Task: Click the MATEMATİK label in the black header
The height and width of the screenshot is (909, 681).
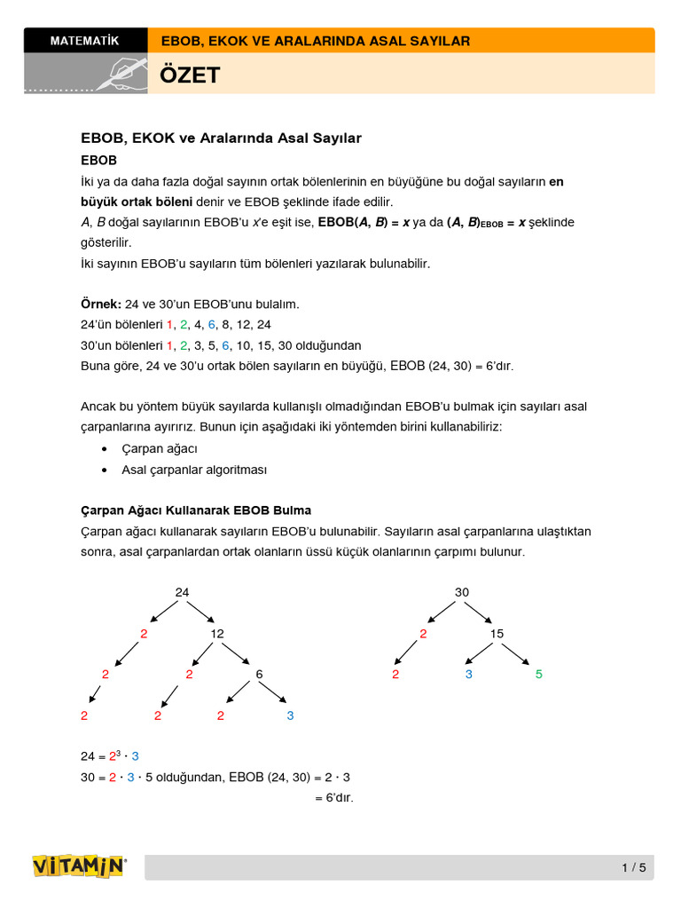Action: click(x=85, y=41)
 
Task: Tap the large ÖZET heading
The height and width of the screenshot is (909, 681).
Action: click(x=190, y=75)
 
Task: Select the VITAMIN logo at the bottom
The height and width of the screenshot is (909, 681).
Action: click(x=79, y=866)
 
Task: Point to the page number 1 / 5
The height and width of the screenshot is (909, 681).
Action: click(x=634, y=867)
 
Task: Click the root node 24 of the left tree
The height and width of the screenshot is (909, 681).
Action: click(x=182, y=592)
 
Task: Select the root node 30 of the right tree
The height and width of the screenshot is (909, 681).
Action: click(x=462, y=592)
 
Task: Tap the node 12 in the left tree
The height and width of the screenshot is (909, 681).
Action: click(x=217, y=634)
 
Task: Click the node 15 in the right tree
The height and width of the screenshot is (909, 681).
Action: click(x=497, y=634)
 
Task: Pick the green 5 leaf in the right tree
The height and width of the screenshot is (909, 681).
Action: click(x=538, y=675)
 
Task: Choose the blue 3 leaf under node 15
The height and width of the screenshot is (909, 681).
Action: click(x=469, y=675)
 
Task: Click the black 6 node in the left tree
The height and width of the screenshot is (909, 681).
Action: click(x=259, y=675)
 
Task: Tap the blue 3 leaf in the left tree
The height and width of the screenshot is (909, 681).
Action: click(x=290, y=715)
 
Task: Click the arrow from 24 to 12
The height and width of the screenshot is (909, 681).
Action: click(x=201, y=613)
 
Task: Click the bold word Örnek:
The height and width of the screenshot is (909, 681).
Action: click(x=101, y=304)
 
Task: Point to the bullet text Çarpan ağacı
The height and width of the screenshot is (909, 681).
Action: click(x=160, y=449)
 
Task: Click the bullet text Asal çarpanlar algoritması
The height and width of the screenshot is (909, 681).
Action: click(x=194, y=470)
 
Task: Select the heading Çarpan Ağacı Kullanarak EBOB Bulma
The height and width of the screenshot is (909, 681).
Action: click(x=196, y=510)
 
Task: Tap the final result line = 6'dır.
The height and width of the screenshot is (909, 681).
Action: click(x=334, y=798)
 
